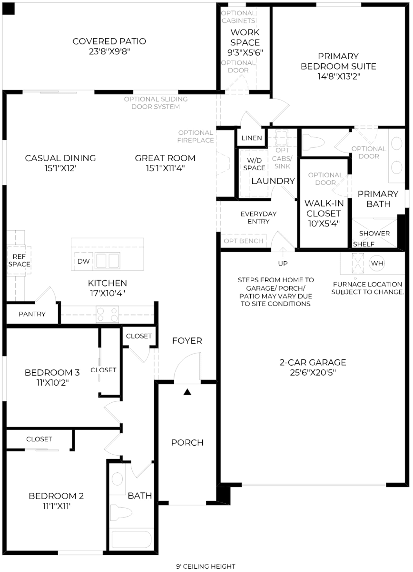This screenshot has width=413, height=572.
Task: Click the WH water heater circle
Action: [377, 263]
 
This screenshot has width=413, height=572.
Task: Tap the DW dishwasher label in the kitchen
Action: [83, 261]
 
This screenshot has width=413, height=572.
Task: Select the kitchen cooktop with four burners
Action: [107, 314]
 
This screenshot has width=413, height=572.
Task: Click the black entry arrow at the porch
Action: [187, 392]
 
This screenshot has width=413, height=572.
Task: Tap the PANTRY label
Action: [32, 314]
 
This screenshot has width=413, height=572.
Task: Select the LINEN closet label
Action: [252, 138]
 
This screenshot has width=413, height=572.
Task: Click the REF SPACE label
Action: [19, 260]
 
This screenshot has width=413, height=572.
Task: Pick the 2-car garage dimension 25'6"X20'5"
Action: [313, 373]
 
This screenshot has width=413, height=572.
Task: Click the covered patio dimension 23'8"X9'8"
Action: [109, 51]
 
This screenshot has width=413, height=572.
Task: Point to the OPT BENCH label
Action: [243, 241]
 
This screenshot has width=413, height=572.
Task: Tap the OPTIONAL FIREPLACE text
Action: [196, 137]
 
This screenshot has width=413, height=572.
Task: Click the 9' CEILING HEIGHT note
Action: [206, 566]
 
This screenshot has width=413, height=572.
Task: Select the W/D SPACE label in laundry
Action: [254, 164]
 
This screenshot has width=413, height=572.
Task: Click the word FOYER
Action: [187, 341]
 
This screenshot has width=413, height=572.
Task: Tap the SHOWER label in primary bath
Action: [374, 233]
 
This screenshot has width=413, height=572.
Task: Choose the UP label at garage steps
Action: [283, 263]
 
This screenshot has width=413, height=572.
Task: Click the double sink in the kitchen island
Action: [108, 260]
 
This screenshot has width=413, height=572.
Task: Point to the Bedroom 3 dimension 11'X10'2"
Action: [52, 382]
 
